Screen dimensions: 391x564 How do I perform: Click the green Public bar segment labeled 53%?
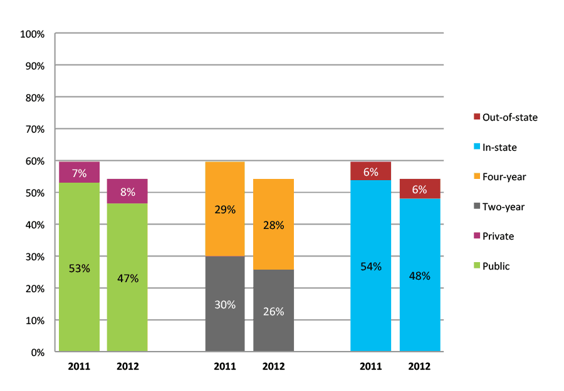pyautogui.click(x=80, y=267)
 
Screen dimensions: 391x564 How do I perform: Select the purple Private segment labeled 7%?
pyautogui.click(x=80, y=172)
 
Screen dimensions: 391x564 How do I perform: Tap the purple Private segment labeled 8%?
pyautogui.click(x=127, y=191)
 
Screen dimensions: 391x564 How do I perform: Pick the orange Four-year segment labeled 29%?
pyautogui.click(x=225, y=209)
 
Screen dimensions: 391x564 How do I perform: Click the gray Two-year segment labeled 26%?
pyautogui.click(x=273, y=310)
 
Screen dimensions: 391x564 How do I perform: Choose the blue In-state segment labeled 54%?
pyautogui.click(x=370, y=266)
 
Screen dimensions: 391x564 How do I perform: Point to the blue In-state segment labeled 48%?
pyautogui.click(x=419, y=275)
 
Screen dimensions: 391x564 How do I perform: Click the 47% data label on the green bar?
pyautogui.click(x=127, y=278)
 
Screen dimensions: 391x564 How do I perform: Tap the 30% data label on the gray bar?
pyautogui.click(x=225, y=305)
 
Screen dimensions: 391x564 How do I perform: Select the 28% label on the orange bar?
pyautogui.click(x=273, y=225)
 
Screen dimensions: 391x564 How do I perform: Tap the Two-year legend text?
pyautogui.click(x=503, y=206)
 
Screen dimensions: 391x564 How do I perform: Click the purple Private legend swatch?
pyautogui.click(x=476, y=236)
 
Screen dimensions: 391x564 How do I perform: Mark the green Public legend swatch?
pyautogui.click(x=476, y=266)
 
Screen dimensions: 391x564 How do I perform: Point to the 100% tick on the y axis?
pyautogui.click(x=33, y=34)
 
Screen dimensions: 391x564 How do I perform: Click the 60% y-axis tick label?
pyautogui.click(x=34, y=161)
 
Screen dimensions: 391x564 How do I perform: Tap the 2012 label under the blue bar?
pyautogui.click(x=419, y=367)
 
